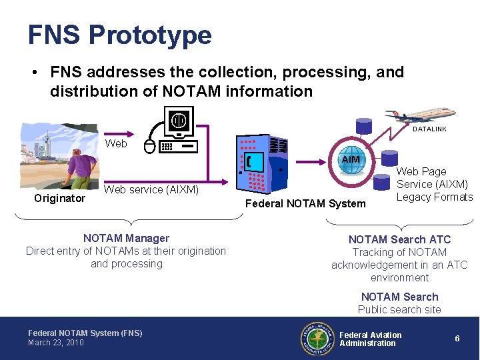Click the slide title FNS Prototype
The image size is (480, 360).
coord(119,35)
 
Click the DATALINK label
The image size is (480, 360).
coord(429,129)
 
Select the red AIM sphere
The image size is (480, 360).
coord(351,164)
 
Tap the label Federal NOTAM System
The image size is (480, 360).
coord(306,203)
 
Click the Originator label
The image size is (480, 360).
coord(60,199)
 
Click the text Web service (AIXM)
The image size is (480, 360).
coord(151,190)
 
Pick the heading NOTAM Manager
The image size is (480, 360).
coord(126,238)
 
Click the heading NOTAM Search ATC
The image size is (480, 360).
coord(399,239)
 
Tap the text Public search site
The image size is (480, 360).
coord(399,309)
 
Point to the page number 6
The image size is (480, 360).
coord(457,339)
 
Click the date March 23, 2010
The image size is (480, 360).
coord(56,343)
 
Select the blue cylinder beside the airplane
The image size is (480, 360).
coord(363,125)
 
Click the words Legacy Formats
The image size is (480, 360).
coord(435,197)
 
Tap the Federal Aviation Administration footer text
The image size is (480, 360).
coord(371,339)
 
